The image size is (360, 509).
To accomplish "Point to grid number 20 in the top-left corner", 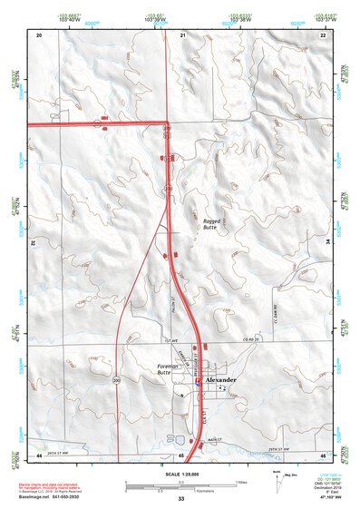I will coord(39,34).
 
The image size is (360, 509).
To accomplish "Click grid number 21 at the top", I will coord(182,34).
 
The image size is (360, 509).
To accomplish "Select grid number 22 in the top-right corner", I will coord(323,34).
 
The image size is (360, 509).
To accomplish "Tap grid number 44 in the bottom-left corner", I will coord(39,454).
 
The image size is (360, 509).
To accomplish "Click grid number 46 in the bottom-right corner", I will coord(323,454).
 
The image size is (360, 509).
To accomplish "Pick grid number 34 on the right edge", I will coord(327,243).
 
